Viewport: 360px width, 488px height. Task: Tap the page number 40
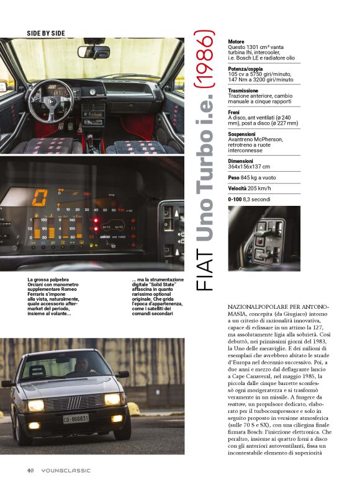click(30, 470)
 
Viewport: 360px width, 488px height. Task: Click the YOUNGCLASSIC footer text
click(66, 470)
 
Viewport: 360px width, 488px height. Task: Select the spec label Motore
click(236, 42)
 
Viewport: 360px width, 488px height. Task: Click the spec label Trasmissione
click(243, 91)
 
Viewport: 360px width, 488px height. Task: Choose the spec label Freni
click(235, 112)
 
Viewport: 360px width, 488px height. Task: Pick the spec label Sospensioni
click(243, 133)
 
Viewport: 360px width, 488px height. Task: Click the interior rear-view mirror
click(94, 51)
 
